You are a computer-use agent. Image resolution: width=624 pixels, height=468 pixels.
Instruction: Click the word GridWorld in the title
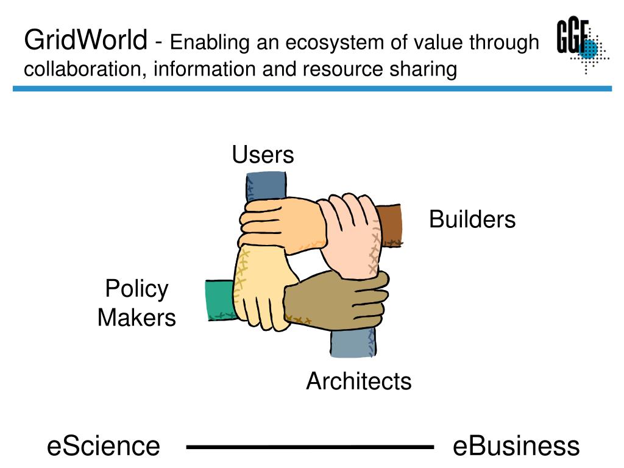(85, 41)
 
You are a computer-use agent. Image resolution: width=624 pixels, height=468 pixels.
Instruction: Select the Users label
(263, 155)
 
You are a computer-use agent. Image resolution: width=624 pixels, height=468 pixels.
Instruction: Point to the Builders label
(472, 219)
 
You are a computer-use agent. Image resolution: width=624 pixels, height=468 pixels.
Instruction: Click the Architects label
(358, 381)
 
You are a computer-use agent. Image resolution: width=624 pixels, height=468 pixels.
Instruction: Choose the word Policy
(136, 289)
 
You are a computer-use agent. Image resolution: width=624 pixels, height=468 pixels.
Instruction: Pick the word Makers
(136, 317)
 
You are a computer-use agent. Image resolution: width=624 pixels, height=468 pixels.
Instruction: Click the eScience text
(104, 446)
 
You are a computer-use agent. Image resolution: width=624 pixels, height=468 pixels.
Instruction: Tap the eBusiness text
(516, 446)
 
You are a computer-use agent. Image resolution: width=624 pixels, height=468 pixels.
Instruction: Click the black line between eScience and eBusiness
(310, 447)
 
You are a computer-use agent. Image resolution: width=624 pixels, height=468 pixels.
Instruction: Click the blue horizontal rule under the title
(312, 88)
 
